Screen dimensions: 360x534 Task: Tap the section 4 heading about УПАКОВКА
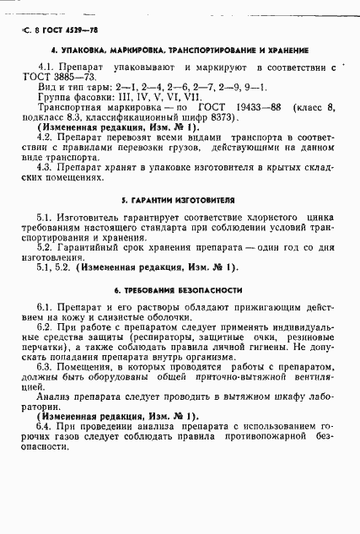coord(180,50)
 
